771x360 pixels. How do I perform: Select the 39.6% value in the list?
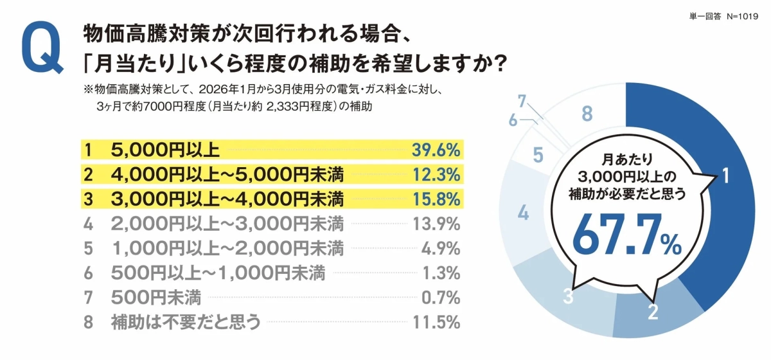[436, 150]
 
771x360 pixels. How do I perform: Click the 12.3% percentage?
[436, 174]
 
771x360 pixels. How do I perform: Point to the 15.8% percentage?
[436, 199]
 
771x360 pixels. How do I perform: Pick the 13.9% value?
[436, 224]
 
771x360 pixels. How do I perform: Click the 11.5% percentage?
[436, 321]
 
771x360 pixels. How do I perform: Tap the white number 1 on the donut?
[725, 176]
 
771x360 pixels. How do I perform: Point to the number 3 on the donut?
[568, 297]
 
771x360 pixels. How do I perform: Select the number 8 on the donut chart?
[586, 114]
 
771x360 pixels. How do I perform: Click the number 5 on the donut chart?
[538, 155]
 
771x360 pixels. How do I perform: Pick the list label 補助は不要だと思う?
[186, 321]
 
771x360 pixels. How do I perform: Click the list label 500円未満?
[155, 297]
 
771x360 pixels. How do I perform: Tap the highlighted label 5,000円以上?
[165, 150]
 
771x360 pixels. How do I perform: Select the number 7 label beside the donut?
[522, 100]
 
